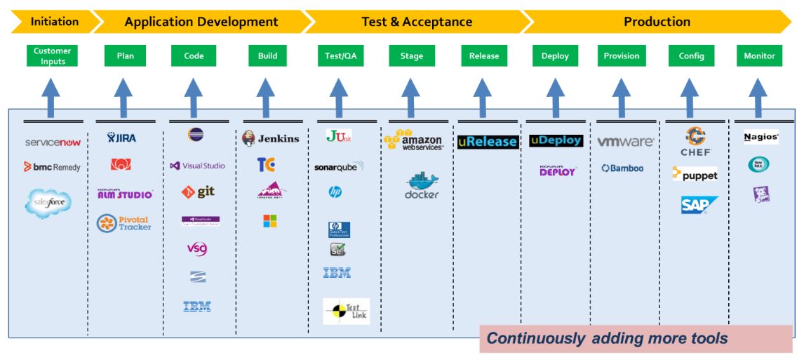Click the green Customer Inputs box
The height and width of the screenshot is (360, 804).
53,56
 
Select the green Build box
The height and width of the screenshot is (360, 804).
267,56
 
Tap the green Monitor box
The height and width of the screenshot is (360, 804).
759,56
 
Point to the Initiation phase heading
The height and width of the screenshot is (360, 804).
55,22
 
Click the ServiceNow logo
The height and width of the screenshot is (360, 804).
53,142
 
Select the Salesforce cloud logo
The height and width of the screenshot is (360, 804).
48,203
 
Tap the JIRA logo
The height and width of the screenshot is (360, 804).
122,138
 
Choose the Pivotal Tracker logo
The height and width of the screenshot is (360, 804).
123,223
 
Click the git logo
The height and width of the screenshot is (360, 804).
197,192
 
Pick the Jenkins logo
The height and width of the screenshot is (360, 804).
270,138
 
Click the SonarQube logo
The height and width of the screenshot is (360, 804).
340,167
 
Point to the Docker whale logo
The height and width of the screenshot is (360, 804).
421,185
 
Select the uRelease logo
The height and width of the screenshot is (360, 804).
488,142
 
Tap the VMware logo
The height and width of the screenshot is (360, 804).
625,142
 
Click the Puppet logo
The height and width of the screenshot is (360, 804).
695,175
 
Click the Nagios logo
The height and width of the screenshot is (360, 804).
761,138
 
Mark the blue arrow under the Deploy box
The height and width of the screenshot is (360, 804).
556,97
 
